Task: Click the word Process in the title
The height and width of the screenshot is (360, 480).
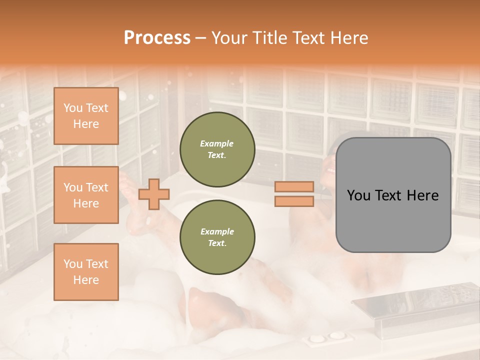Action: coord(157,38)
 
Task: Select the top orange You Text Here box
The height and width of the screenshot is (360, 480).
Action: coord(86,116)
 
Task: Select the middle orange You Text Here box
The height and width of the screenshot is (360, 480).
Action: coord(86,195)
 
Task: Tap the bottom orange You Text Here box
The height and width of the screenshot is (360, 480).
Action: coord(86,271)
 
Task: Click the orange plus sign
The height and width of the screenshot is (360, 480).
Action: coord(154,194)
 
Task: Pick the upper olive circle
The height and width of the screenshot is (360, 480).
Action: coord(217,149)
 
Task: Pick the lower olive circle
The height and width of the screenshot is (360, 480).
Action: coord(217,237)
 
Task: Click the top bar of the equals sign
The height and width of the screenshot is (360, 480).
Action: coord(294,187)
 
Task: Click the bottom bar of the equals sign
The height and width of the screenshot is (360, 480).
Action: coord(294,201)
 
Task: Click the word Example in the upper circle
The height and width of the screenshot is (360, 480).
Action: coord(217,144)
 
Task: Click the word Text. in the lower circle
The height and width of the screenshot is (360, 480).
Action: coord(217,243)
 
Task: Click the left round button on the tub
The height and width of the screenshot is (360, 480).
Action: coord(316,339)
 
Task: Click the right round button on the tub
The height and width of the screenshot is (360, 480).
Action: coord(335,338)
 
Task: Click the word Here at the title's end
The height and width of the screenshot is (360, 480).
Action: coord(350,38)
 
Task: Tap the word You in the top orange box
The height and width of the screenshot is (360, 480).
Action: coord(73,108)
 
